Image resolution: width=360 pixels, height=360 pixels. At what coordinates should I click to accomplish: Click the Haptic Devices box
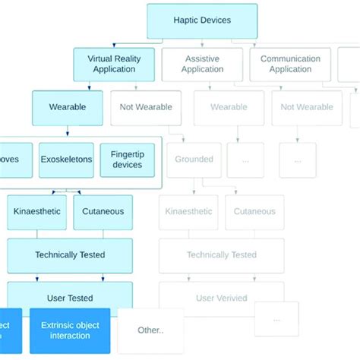[202, 21]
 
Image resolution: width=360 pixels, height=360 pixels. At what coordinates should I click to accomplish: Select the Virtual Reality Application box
[115, 64]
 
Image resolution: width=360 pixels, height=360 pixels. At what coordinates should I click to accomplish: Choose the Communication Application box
[291, 64]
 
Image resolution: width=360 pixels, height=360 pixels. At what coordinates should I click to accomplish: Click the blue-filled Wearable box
[68, 107]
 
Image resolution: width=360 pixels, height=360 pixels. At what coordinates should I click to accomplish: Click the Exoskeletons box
[67, 160]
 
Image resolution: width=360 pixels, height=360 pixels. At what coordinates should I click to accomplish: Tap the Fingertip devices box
[127, 160]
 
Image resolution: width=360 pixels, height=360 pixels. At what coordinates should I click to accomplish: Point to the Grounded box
[194, 160]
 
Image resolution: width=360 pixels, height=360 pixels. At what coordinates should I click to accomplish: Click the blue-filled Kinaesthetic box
[37, 212]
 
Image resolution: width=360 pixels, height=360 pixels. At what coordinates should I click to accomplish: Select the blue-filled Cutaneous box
[103, 212]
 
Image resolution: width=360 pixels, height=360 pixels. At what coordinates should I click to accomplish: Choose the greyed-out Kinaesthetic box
[189, 212]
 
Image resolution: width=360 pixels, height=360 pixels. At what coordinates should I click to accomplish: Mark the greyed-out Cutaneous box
[254, 212]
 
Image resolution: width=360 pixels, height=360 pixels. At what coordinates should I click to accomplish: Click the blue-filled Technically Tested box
[70, 255]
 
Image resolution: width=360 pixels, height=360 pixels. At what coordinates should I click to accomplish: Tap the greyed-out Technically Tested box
[222, 255]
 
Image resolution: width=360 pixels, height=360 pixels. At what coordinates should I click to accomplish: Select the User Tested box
[70, 298]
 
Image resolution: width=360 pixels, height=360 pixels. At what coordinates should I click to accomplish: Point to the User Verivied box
[222, 298]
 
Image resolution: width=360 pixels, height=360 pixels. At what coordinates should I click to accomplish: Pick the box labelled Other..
[150, 330]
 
